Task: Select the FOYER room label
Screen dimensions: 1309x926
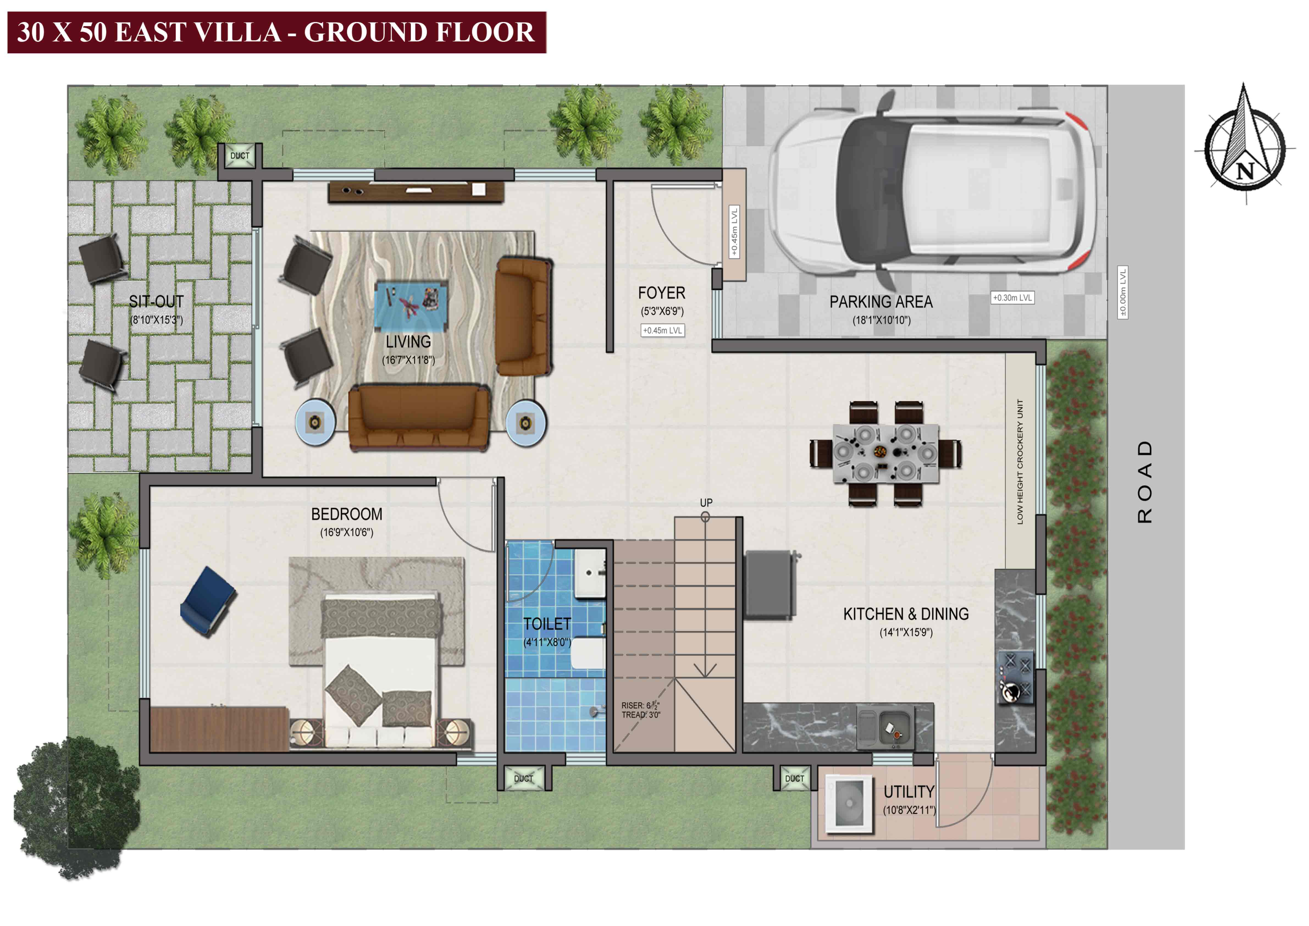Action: [661, 293]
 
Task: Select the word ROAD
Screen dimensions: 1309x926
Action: [1145, 482]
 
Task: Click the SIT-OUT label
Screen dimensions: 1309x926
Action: [156, 302]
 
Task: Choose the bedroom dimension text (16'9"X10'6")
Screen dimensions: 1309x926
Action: [347, 533]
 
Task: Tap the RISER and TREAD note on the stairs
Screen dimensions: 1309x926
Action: [641, 710]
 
